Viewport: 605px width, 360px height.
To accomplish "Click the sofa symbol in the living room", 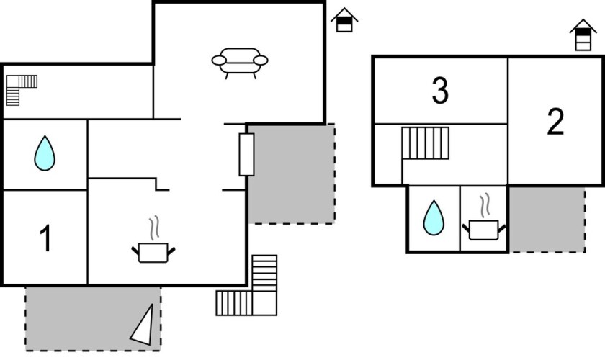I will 240,62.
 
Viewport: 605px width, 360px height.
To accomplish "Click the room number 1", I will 45,239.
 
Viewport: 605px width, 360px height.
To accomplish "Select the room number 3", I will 440,91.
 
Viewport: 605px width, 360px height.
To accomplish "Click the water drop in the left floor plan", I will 45,153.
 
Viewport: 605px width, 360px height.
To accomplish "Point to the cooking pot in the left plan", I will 153,252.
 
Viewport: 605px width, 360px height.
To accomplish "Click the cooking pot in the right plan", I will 483,230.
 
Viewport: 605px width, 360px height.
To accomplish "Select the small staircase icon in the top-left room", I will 21,88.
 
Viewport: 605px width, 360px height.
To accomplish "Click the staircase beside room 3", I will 425,143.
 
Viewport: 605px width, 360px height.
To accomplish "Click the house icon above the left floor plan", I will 345,20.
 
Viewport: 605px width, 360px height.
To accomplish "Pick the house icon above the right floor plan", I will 583,35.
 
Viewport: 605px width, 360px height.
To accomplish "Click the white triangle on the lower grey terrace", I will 144,325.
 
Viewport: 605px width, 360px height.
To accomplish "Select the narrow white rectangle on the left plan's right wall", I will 246,154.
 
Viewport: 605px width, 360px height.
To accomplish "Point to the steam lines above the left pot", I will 153,229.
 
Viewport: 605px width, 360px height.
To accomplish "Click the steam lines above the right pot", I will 485,205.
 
